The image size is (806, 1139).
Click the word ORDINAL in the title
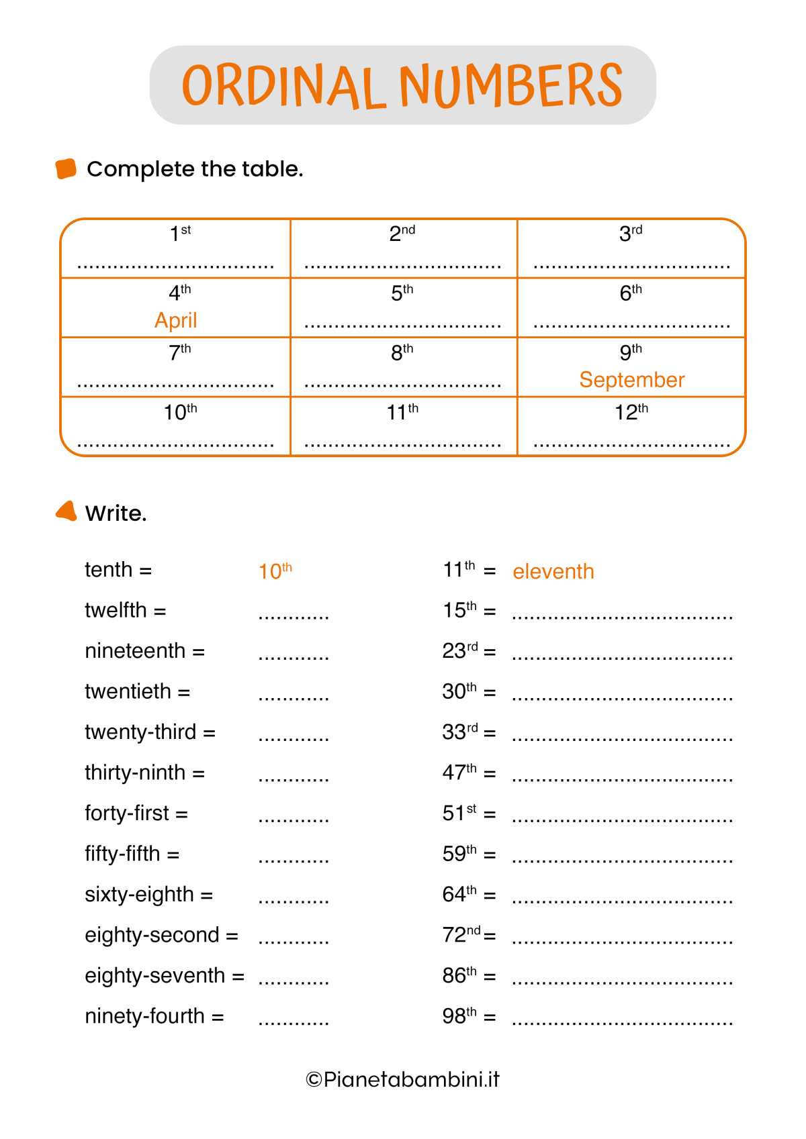[x=283, y=86]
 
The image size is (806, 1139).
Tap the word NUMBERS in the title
[x=510, y=85]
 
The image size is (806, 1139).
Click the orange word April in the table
[x=176, y=320]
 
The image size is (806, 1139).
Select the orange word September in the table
[x=631, y=380]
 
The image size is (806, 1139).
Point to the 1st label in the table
[x=180, y=234]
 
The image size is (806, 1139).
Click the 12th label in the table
[x=631, y=411]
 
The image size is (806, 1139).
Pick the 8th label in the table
[x=402, y=352]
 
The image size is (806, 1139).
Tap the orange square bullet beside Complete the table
[x=66, y=168]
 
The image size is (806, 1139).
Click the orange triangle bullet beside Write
[x=66, y=511]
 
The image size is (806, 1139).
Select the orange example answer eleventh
[x=553, y=572]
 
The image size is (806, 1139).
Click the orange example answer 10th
[x=275, y=571]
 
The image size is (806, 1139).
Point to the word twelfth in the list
[x=116, y=610]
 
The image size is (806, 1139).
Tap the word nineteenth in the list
[x=135, y=651]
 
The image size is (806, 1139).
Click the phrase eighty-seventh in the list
[x=154, y=976]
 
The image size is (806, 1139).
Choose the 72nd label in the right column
[x=461, y=934]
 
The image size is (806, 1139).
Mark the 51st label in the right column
[x=459, y=813]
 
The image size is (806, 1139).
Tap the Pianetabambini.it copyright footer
[x=402, y=1079]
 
